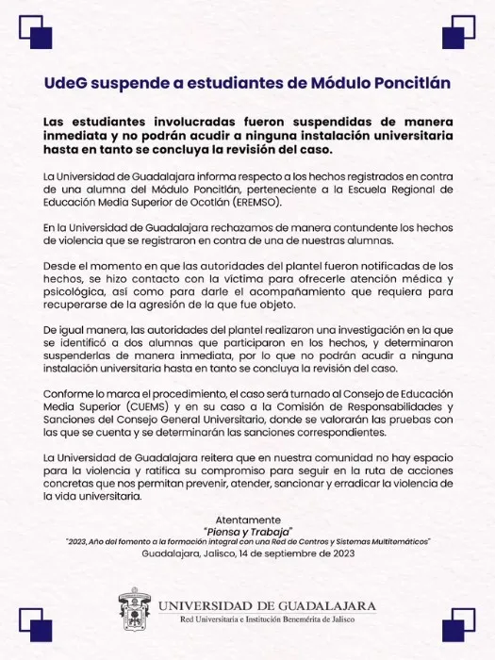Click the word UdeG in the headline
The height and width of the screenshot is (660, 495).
[68, 83]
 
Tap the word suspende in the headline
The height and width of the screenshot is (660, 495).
[133, 83]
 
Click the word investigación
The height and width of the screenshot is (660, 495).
[343, 346]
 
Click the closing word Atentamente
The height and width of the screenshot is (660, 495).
[248, 520]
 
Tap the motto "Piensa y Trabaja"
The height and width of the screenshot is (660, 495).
[248, 531]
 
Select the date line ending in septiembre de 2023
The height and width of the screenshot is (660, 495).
[248, 554]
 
